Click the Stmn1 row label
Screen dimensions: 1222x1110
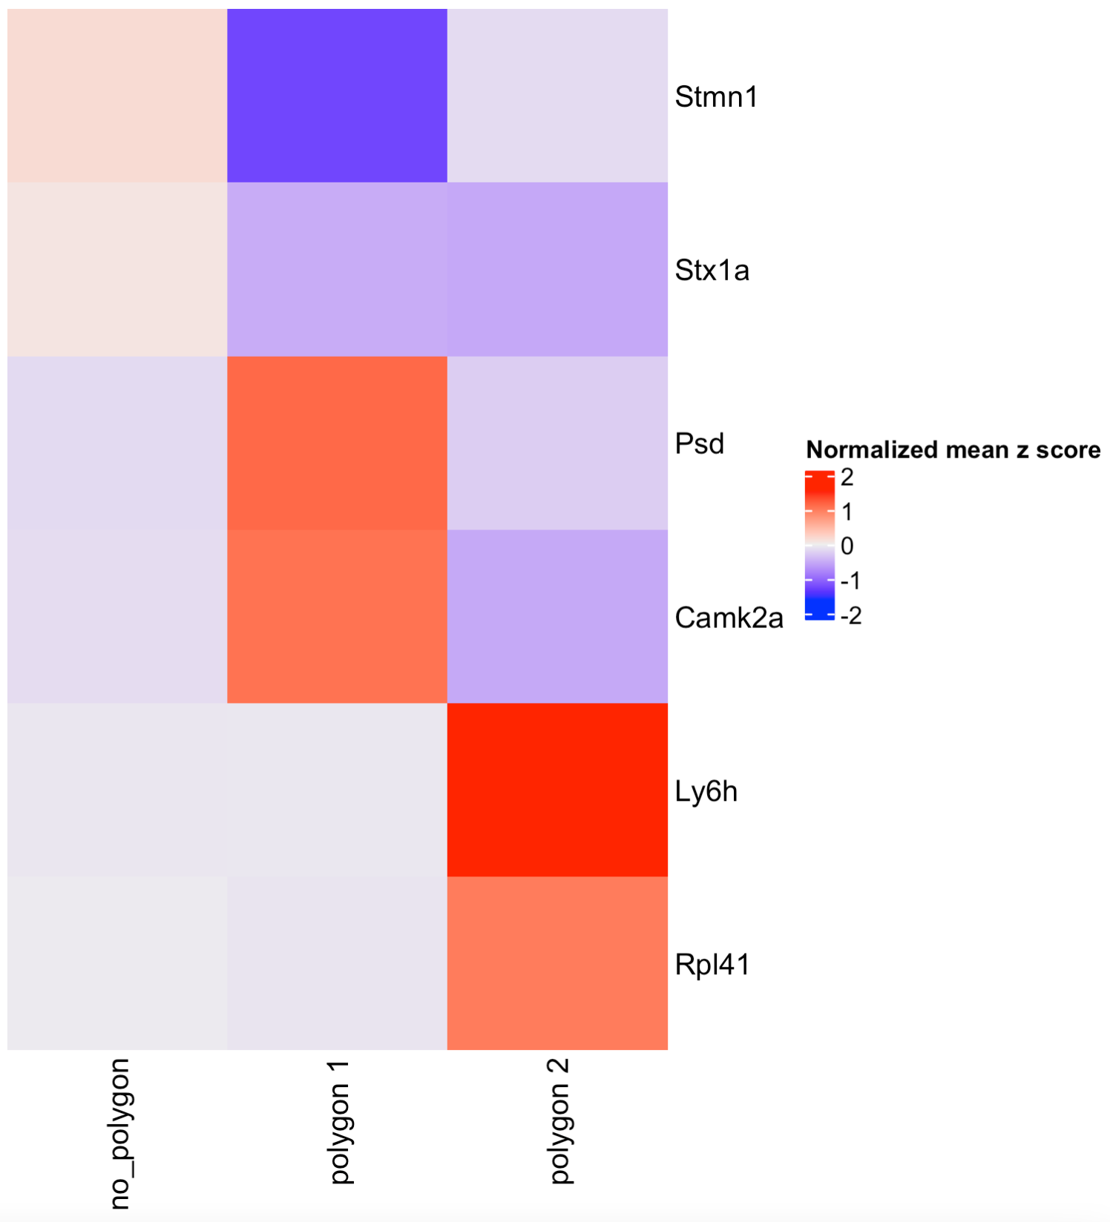pyautogui.click(x=716, y=97)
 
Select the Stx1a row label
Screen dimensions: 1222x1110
pyautogui.click(x=712, y=271)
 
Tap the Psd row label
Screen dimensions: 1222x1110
pyautogui.click(x=699, y=444)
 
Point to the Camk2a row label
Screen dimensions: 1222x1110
pyautogui.click(x=729, y=618)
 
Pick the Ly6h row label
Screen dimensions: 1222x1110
pyautogui.click(x=706, y=791)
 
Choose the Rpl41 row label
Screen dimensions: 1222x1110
pyautogui.click(x=712, y=965)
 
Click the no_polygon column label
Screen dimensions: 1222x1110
pyautogui.click(x=119, y=1134)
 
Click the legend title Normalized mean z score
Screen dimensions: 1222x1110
pyautogui.click(x=953, y=450)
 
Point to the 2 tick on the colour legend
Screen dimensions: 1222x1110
pyautogui.click(x=847, y=478)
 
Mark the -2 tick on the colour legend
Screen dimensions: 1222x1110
pyautogui.click(x=850, y=615)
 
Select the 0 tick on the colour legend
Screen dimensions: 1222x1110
pyautogui.click(x=847, y=546)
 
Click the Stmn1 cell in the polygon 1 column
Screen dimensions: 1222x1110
pyautogui.click(x=337, y=96)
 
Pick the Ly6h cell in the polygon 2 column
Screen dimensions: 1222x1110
pyautogui.click(x=557, y=790)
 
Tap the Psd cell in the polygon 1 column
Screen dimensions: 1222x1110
pyautogui.click(x=337, y=443)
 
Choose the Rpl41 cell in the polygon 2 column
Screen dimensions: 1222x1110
pyautogui.click(x=557, y=963)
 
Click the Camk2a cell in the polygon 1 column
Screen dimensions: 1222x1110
pyautogui.click(x=337, y=616)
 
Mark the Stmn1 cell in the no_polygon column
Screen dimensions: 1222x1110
pyautogui.click(x=117, y=96)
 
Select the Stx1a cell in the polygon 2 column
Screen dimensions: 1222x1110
pyautogui.click(x=557, y=269)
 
